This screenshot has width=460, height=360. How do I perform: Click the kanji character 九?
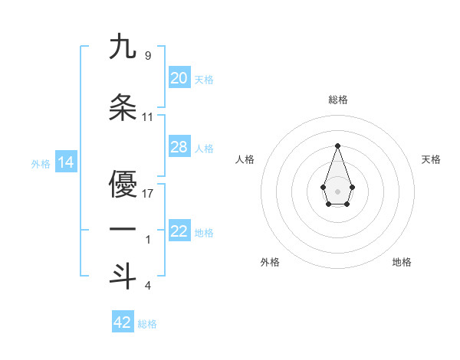[123, 47]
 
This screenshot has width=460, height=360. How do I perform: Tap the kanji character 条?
[123, 107]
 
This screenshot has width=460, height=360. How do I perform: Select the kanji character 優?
[123, 183]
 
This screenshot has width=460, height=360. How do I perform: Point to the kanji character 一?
[123, 230]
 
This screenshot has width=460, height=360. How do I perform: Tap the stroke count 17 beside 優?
[148, 193]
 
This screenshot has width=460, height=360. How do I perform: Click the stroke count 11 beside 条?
[148, 117]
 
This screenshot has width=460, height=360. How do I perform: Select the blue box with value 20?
[179, 78]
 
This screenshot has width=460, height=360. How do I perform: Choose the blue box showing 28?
[179, 147]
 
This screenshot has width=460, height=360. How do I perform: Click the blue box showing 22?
[179, 231]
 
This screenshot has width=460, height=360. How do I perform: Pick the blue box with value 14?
[65, 162]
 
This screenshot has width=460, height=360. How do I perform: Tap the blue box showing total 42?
[123, 322]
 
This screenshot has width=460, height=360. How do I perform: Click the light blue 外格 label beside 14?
[41, 163]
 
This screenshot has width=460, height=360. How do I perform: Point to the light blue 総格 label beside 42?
[147, 323]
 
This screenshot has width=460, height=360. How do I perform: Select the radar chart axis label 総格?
[337, 100]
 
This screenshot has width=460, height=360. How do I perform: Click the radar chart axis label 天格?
[431, 159]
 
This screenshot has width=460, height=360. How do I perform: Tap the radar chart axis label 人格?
[245, 159]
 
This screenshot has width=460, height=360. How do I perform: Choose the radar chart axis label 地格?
[402, 262]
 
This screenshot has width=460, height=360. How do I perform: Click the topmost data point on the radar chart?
[337, 145]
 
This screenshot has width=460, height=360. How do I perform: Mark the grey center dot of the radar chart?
[337, 191]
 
